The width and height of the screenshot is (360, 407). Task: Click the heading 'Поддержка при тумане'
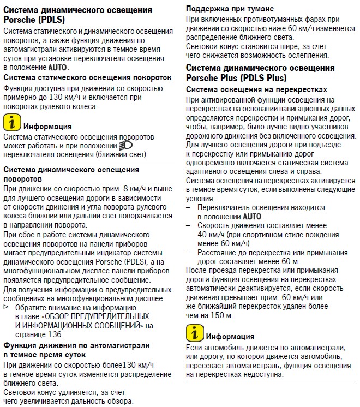pos(230,9)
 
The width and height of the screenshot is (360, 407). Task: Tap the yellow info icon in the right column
pos(194,332)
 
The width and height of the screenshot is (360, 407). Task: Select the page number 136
pos(56,334)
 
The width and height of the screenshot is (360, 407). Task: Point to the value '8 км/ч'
pos(136,188)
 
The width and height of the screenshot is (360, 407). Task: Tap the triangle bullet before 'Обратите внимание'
pos(7,307)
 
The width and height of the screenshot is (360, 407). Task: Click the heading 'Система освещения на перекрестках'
pos(257,89)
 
